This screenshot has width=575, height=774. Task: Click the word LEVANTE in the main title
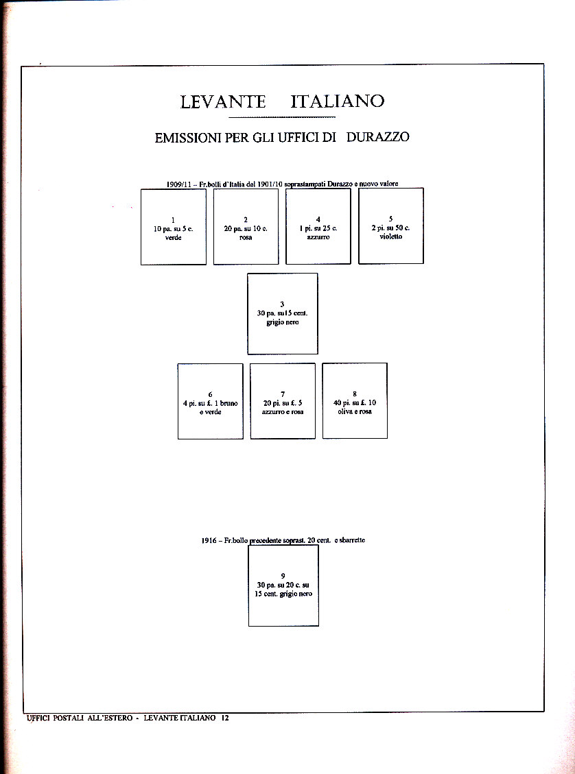[x=223, y=102]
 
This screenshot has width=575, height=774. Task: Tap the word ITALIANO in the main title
[x=337, y=102]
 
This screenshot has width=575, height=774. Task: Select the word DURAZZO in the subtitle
[x=377, y=137]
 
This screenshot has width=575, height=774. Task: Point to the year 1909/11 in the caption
[x=178, y=184]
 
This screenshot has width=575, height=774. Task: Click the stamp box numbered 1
[x=173, y=226]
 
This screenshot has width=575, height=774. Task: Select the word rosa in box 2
[x=246, y=238]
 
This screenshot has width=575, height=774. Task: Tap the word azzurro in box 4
[x=318, y=237]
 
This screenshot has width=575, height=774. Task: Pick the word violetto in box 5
[x=390, y=237]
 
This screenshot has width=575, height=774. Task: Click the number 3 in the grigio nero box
[x=282, y=304]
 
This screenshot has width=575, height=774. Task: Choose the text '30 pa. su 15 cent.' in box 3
[x=282, y=313]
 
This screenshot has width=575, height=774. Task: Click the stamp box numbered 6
[x=210, y=401]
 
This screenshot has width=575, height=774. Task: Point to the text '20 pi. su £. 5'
[x=282, y=403]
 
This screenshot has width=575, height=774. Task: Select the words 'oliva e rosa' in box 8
[x=355, y=412]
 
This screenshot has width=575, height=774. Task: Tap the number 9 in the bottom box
[x=283, y=576]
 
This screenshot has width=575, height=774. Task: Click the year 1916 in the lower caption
[x=209, y=541]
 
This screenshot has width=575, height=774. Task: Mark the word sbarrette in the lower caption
[x=350, y=540]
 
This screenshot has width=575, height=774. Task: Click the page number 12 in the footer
[x=224, y=718]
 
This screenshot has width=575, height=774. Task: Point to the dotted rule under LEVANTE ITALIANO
[x=283, y=118]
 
